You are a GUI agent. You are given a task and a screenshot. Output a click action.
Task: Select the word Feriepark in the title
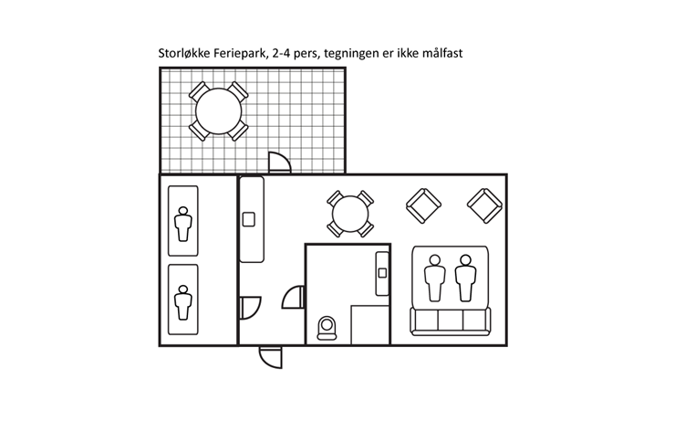click(244, 54)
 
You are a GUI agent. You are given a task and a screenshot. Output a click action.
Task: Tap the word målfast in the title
click(441, 54)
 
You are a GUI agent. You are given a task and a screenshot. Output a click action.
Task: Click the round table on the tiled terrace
click(218, 111)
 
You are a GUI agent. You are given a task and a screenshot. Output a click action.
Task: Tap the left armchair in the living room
click(421, 206)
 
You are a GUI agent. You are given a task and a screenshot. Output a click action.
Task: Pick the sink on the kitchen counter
click(248, 219)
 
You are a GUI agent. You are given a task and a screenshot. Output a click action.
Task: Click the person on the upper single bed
click(183, 223)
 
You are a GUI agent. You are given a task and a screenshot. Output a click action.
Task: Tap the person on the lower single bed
click(183, 300)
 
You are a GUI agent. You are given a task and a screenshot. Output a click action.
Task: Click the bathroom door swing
click(294, 298)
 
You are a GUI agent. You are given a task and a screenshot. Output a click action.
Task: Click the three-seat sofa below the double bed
click(451, 321)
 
